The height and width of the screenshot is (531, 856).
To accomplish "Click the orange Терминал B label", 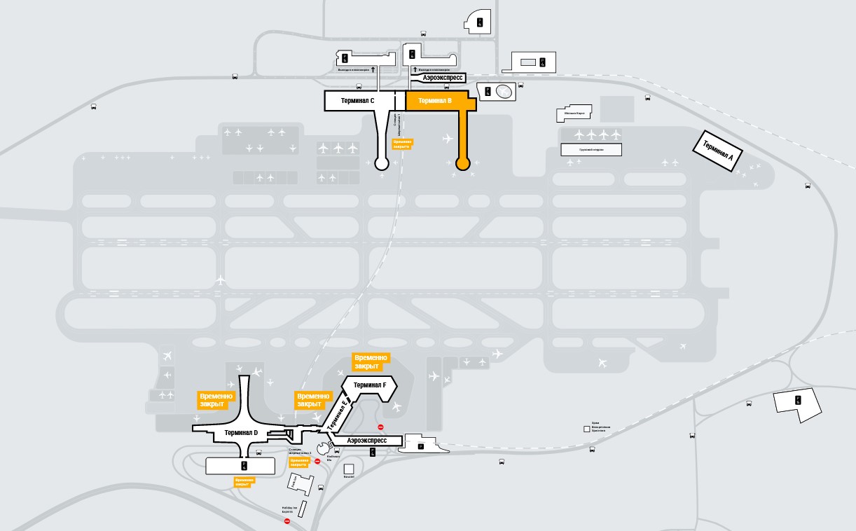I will [435, 101].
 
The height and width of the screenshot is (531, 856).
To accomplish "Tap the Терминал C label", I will [357, 101].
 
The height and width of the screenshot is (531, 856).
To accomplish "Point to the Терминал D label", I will [241, 433].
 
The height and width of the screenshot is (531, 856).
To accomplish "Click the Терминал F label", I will [370, 385].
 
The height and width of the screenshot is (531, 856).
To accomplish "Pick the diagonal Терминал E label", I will [337, 413].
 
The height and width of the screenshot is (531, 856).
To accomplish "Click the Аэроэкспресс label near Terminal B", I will [442, 78].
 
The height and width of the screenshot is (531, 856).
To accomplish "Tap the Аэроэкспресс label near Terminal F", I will [367, 441].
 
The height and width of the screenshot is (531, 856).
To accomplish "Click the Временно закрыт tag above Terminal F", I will [371, 361].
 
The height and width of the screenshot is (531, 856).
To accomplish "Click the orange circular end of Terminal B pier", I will [462, 164].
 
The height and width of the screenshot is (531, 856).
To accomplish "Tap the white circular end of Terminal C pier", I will [382, 164].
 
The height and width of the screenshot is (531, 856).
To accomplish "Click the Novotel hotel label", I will [349, 476].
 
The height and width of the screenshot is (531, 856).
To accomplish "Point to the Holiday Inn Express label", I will [289, 510].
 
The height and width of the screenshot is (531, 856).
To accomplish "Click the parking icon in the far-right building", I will [797, 400].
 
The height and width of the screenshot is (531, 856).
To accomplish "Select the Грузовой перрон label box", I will [591, 150].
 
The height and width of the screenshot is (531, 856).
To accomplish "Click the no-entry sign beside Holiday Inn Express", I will [287, 521].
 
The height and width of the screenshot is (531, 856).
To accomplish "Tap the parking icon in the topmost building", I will [480, 22].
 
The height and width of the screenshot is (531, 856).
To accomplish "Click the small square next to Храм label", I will [586, 429].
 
